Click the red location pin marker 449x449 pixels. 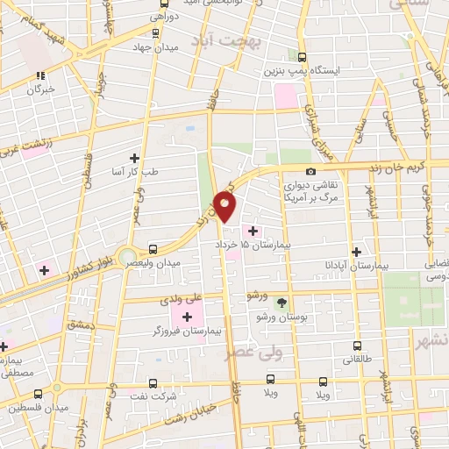click(x=225, y=206)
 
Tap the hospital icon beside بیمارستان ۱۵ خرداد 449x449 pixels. click(x=254, y=231)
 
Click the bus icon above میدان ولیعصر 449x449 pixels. click(x=153, y=249)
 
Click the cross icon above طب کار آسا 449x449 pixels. click(x=134, y=158)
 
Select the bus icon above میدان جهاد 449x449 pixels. click(x=155, y=33)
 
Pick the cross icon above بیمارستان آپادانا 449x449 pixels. click(x=355, y=249)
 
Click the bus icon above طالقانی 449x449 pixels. click(x=357, y=345)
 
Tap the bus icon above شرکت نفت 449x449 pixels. click(x=153, y=383)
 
